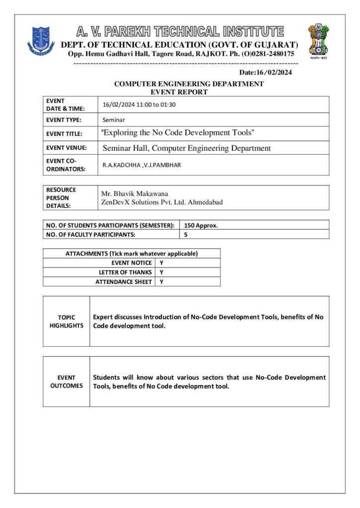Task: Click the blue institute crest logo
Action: tap(41, 40)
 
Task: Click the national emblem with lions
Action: tap(318, 40)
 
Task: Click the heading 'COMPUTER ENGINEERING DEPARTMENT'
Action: tap(189, 84)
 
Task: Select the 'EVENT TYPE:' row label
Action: tap(64, 120)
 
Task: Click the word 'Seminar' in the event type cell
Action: tap(114, 120)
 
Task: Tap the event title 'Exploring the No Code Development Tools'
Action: tap(178, 133)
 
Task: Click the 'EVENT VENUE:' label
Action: tap(66, 147)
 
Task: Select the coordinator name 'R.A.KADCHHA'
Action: tap(121, 165)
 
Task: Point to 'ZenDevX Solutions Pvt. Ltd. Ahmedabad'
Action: tap(162, 202)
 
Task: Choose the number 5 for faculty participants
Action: tap(186, 235)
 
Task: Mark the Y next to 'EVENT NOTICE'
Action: tap(161, 263)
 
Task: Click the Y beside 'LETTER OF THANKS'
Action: tap(161, 272)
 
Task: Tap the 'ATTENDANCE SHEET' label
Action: tap(123, 282)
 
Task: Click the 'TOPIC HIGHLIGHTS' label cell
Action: tap(66, 321)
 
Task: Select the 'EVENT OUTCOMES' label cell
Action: tap(66, 381)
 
